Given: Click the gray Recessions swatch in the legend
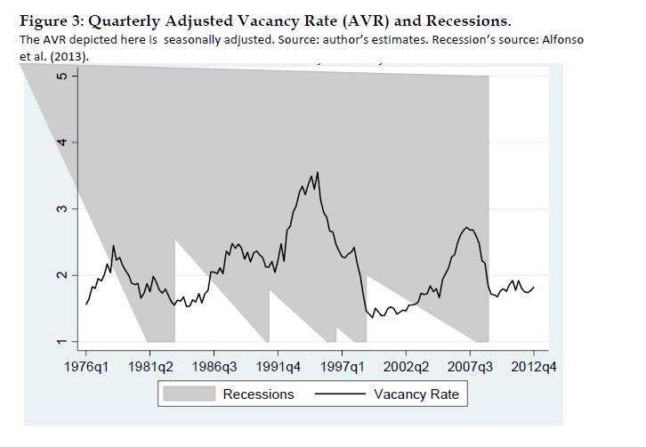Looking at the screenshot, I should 189,394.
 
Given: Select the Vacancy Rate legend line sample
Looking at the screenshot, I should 339,394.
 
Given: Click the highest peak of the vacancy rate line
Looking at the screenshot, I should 318,172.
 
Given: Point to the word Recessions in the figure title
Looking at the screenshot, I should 468,20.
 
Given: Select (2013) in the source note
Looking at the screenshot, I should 76,56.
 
